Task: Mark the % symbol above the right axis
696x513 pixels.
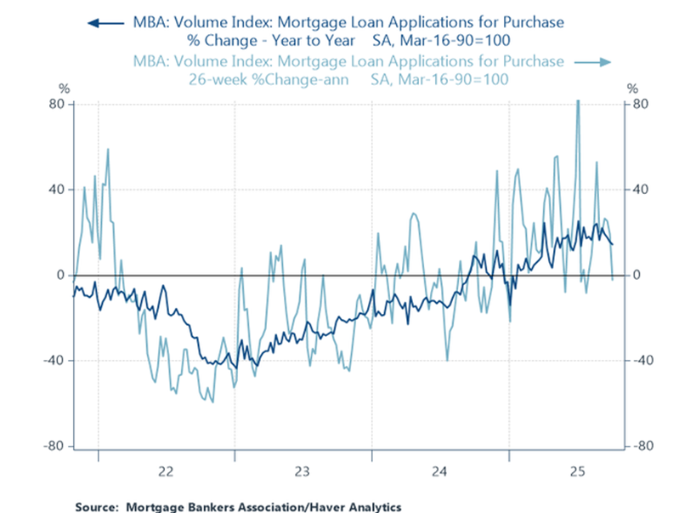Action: click(x=631, y=88)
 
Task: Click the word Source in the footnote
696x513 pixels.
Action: click(x=96, y=507)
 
